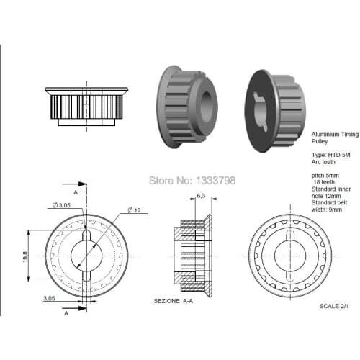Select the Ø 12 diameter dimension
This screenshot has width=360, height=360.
(x=135, y=210)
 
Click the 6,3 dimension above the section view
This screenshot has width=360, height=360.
(x=201, y=196)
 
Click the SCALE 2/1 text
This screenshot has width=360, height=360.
(x=336, y=306)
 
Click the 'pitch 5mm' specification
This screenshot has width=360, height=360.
(x=325, y=175)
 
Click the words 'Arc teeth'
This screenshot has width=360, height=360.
(x=323, y=161)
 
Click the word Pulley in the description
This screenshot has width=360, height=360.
(x=319, y=141)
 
